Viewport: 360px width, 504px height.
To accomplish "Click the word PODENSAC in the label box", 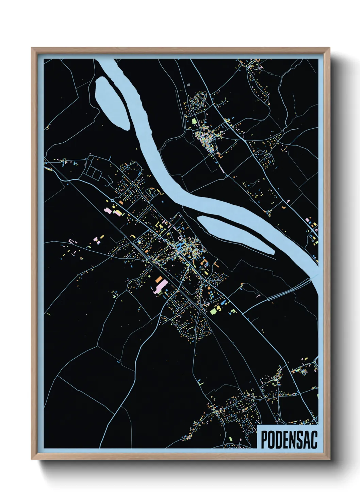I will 289,439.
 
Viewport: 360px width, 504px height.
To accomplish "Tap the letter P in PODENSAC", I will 264,439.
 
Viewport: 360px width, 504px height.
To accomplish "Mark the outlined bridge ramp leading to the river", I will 289,289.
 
